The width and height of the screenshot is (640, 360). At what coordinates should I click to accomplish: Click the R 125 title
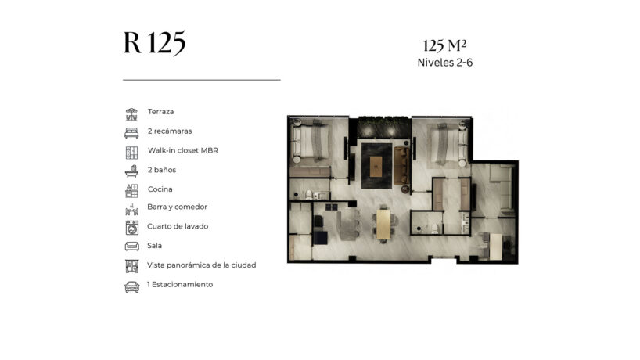click(155, 42)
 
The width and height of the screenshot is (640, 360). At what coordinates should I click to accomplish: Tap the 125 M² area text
click(445, 45)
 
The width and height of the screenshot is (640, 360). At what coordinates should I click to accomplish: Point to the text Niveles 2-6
click(445, 63)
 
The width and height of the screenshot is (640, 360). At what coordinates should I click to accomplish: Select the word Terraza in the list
click(160, 111)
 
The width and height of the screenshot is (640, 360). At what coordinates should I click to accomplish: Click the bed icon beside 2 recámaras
click(131, 133)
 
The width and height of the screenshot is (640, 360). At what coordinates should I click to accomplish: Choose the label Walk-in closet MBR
click(183, 150)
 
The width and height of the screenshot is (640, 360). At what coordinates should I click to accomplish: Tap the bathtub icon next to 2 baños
click(131, 171)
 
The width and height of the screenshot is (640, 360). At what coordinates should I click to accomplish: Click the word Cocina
click(160, 189)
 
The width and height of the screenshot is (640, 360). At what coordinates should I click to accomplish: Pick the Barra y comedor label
click(177, 207)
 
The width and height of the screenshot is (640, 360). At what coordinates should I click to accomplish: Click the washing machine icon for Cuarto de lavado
click(132, 228)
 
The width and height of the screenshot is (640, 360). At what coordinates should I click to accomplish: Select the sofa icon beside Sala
click(132, 246)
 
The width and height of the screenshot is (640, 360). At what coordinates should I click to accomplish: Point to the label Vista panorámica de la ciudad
click(202, 265)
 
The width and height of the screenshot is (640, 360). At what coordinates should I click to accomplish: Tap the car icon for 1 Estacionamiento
click(132, 287)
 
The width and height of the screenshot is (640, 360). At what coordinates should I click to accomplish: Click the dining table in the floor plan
click(383, 224)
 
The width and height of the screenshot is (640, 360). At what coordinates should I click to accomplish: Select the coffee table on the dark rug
click(376, 167)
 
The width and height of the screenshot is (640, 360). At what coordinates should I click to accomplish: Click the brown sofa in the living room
click(401, 165)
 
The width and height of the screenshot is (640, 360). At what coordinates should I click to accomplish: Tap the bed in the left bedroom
click(311, 141)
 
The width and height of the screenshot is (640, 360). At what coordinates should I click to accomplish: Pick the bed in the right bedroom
click(446, 144)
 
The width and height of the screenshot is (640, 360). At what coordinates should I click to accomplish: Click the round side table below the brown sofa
click(405, 189)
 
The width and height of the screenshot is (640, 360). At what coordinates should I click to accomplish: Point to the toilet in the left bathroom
click(309, 194)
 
